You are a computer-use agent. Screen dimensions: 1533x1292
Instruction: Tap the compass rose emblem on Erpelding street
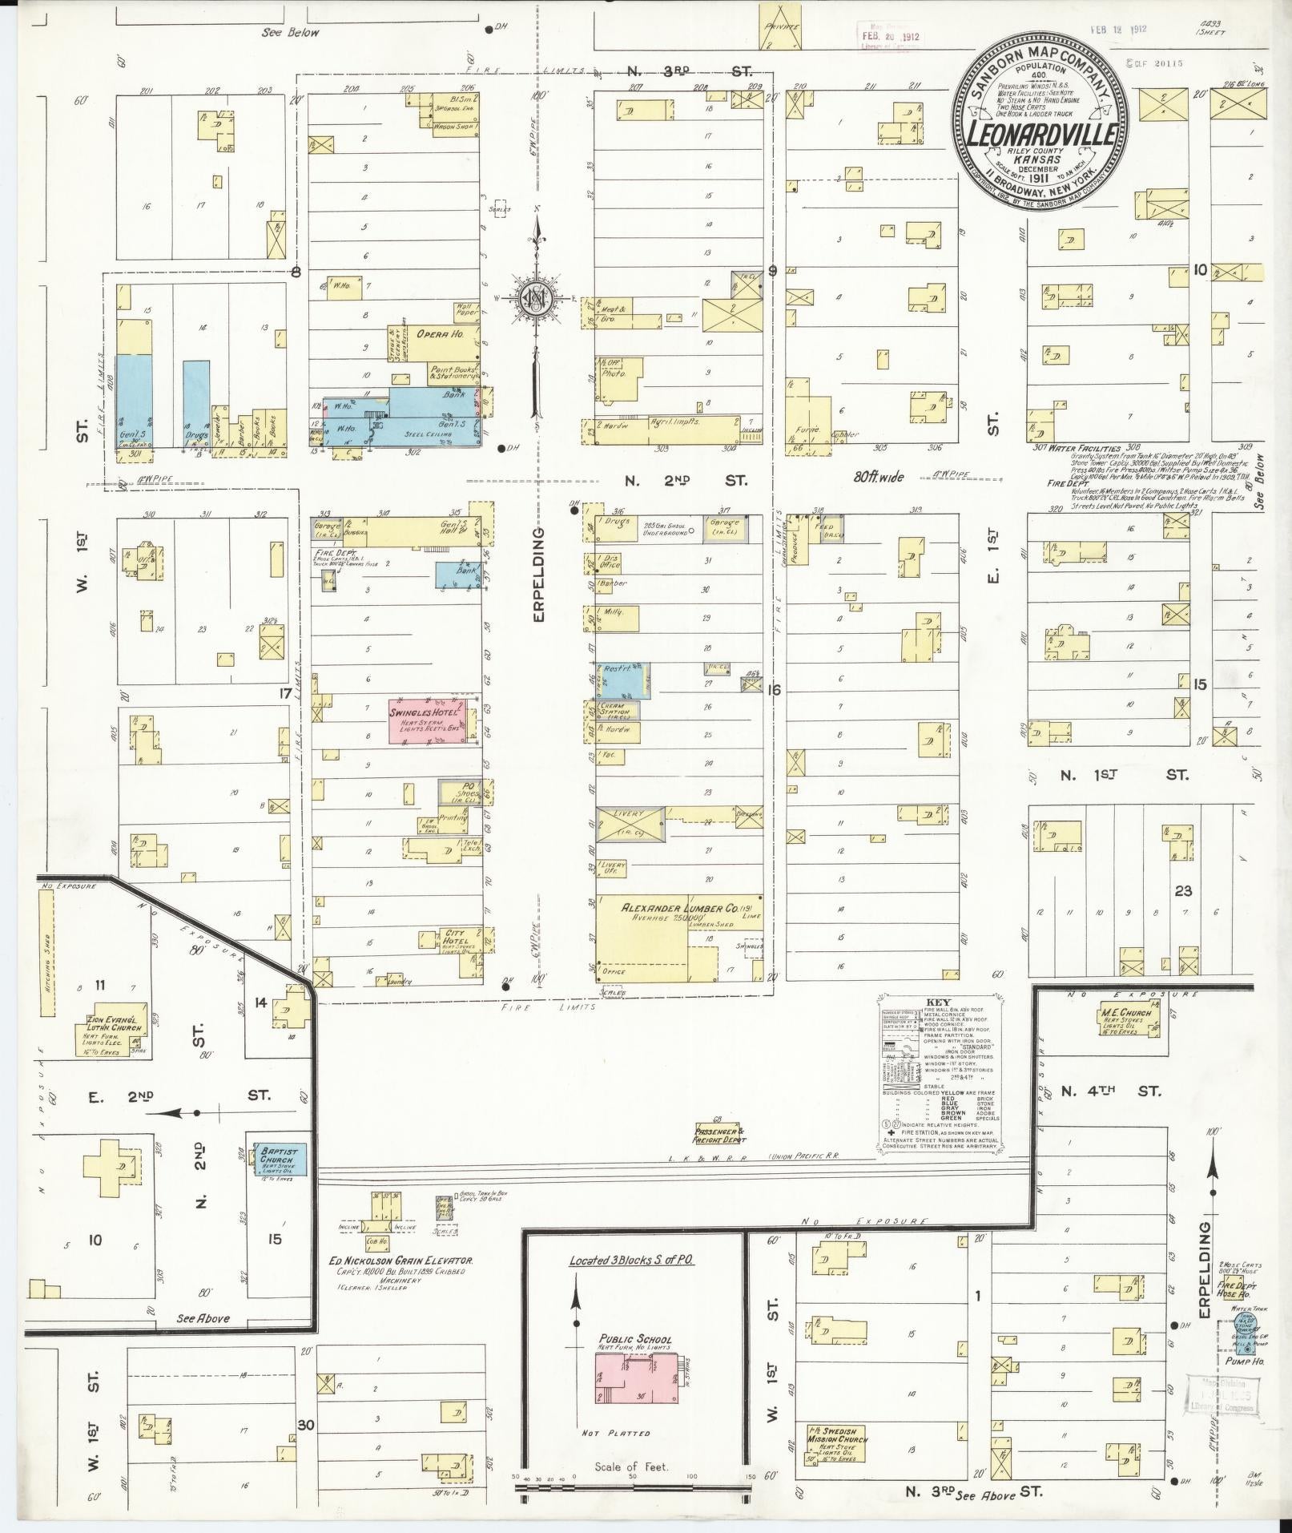coord(534,297)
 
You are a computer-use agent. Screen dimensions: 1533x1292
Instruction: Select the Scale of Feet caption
coord(631,1468)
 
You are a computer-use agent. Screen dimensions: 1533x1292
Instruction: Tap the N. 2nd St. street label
coord(686,481)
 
